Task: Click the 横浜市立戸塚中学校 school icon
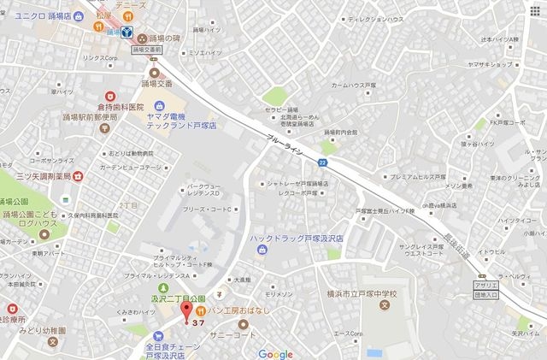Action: (x=384, y=305)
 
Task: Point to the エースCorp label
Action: (x=349, y=333)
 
